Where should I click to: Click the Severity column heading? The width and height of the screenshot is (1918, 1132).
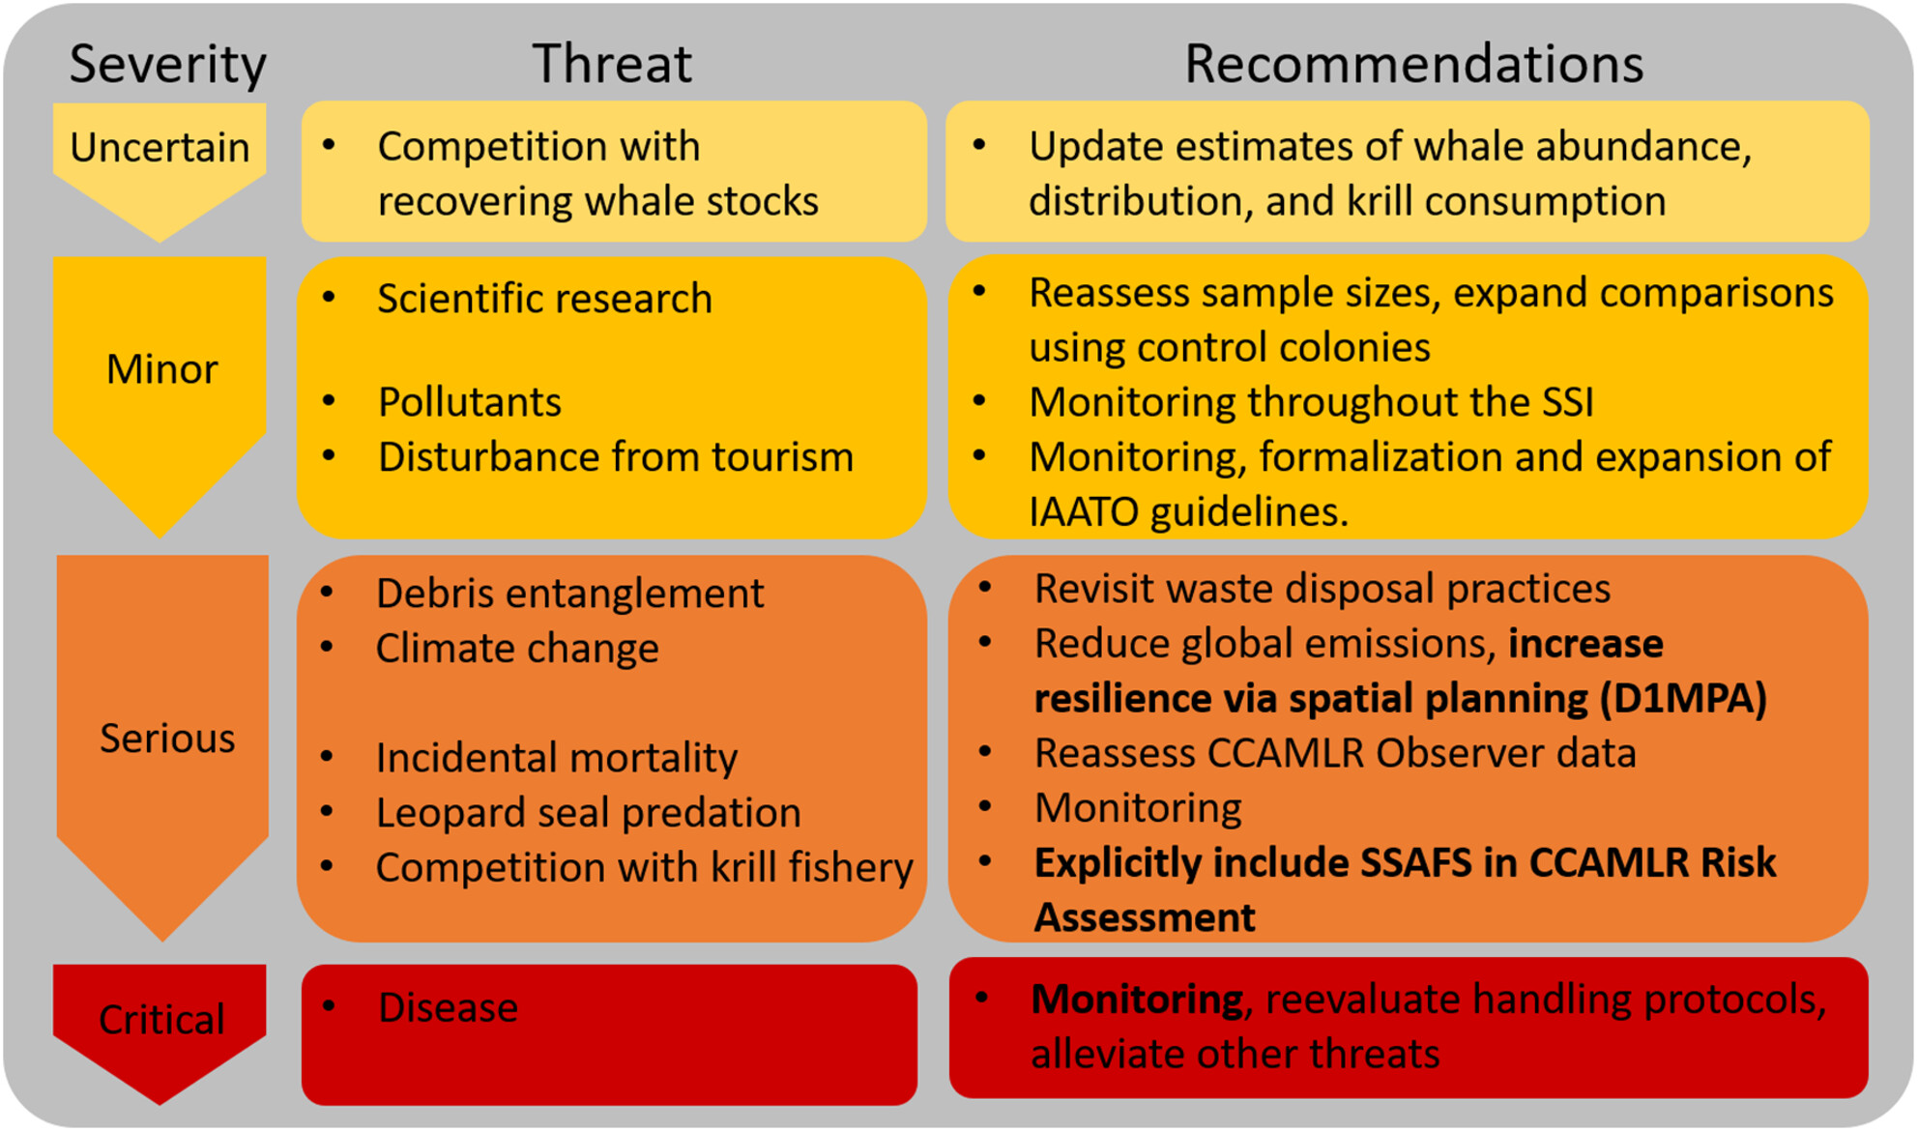(167, 65)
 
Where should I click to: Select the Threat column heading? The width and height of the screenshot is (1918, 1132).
(612, 64)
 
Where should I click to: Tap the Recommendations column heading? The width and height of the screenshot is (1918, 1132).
(1413, 64)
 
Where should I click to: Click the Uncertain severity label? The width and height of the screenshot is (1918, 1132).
(160, 147)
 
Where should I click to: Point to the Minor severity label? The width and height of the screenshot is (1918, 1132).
(161, 368)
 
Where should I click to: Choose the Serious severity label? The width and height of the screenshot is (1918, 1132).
(167, 738)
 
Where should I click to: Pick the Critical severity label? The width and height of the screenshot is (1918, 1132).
(161, 1019)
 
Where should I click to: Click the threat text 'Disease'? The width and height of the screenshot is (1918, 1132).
(448, 1007)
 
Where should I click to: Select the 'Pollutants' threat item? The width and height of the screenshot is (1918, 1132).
(469, 401)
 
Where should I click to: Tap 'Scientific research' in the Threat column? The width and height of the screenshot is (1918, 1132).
(544, 298)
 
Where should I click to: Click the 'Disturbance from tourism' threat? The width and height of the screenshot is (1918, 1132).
(616, 456)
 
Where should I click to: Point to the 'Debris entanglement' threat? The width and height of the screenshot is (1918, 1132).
(569, 593)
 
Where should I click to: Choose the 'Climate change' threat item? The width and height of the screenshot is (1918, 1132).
(517, 648)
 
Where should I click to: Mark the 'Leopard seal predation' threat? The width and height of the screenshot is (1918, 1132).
(588, 812)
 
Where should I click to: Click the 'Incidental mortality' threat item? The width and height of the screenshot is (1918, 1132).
(556, 757)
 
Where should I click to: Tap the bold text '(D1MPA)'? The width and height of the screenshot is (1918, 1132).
(1683, 698)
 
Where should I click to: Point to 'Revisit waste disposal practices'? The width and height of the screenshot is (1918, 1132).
(1322, 588)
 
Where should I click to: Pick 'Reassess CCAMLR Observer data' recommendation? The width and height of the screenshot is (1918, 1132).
(1335, 752)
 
